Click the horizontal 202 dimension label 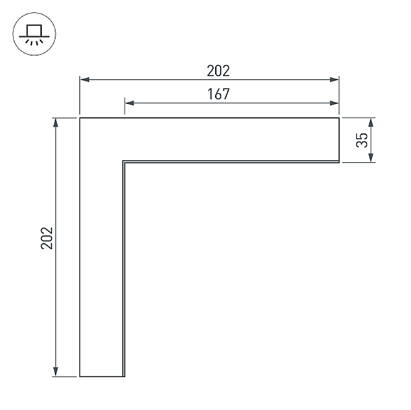219,71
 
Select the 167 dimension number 219,94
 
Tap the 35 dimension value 362,140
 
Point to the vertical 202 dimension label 47,238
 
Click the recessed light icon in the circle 34,34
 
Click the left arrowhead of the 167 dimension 129,103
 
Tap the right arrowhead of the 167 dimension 334,103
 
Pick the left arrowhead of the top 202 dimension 84,79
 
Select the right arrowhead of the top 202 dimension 334,79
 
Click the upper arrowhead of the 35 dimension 371,123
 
